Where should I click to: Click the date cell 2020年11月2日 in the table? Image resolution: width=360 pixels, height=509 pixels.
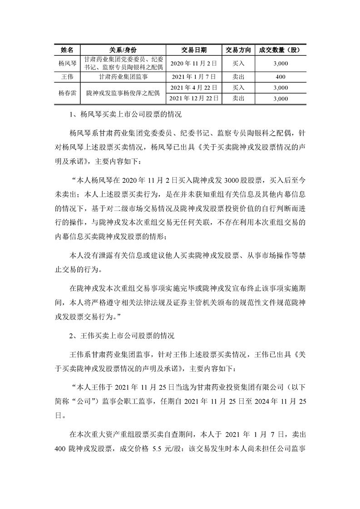tap(193, 64)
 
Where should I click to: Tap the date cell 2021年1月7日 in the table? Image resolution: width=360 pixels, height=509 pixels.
tap(193, 77)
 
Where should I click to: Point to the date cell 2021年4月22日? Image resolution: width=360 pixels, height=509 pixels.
tap(193, 87)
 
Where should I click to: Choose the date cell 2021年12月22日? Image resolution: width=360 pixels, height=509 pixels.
tap(193, 98)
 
